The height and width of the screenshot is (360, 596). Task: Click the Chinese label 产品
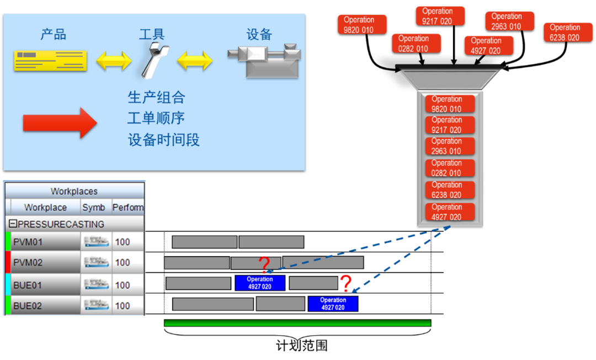(54, 34)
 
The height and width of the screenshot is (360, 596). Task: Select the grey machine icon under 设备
(264, 61)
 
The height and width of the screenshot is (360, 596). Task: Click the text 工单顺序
(156, 118)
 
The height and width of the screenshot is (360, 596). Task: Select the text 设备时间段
(163, 140)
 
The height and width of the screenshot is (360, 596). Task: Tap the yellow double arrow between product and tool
(114, 60)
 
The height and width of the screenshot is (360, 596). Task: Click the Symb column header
(93, 208)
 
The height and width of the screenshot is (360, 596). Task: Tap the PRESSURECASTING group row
(61, 224)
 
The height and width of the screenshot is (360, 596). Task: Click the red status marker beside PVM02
(8, 263)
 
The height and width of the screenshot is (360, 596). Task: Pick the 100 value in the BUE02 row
(123, 306)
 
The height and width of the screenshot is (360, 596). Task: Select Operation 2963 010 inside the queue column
(450, 146)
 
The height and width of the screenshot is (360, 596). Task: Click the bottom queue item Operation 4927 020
(450, 212)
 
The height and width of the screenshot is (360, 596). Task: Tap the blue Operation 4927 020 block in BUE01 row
(260, 283)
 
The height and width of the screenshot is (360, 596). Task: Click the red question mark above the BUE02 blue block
(345, 284)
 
